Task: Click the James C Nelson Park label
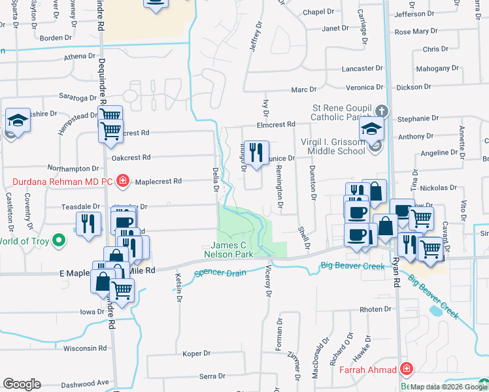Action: point(228,249)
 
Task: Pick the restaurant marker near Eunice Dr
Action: point(256,153)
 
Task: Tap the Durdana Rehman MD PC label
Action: point(63,180)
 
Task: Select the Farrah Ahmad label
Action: point(367,370)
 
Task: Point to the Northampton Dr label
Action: point(73,169)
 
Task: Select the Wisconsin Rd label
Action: point(85,348)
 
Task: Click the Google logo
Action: point(22,384)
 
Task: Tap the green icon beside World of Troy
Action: point(59,240)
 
